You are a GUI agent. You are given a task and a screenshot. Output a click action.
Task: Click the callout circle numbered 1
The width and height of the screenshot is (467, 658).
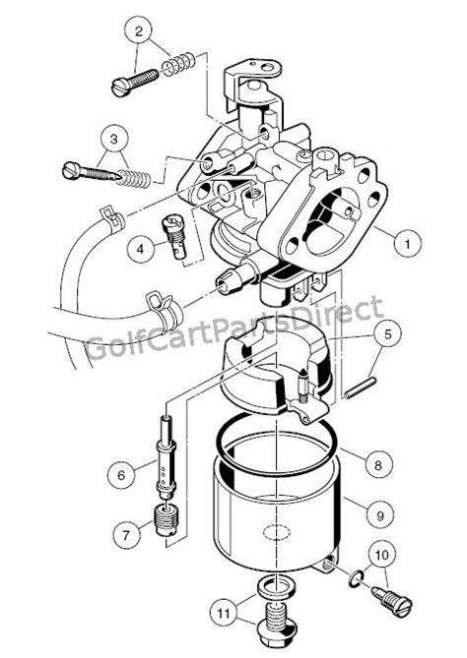(x=407, y=243)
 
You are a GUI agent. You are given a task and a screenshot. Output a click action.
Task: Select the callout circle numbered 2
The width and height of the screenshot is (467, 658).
(x=139, y=30)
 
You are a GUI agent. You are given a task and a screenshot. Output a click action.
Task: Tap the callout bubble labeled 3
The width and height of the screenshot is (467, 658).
(x=114, y=139)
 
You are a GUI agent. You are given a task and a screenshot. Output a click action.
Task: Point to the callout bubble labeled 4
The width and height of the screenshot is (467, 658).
(x=140, y=249)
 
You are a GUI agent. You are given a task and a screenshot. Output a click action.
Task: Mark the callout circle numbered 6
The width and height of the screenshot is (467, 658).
(x=121, y=475)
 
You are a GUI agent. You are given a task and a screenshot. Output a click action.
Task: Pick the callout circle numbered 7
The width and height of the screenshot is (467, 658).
(x=126, y=535)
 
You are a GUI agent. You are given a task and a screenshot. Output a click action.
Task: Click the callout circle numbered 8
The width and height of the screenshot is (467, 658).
(x=378, y=464)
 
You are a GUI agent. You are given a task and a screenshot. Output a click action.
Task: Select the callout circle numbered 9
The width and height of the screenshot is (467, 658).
(x=380, y=515)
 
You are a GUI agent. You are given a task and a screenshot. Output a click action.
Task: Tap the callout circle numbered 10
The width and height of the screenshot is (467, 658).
(x=382, y=556)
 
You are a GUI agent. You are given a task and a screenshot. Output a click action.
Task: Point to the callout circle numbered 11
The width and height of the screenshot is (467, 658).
(x=224, y=614)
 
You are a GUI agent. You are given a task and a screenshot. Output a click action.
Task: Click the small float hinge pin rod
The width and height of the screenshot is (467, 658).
(x=361, y=387)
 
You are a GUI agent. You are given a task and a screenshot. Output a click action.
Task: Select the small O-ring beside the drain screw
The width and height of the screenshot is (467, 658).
(x=356, y=579)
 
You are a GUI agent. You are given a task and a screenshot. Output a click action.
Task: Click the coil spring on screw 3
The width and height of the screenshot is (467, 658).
(x=133, y=178)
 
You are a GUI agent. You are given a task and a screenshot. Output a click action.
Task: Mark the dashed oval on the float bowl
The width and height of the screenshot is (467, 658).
(x=277, y=532)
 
